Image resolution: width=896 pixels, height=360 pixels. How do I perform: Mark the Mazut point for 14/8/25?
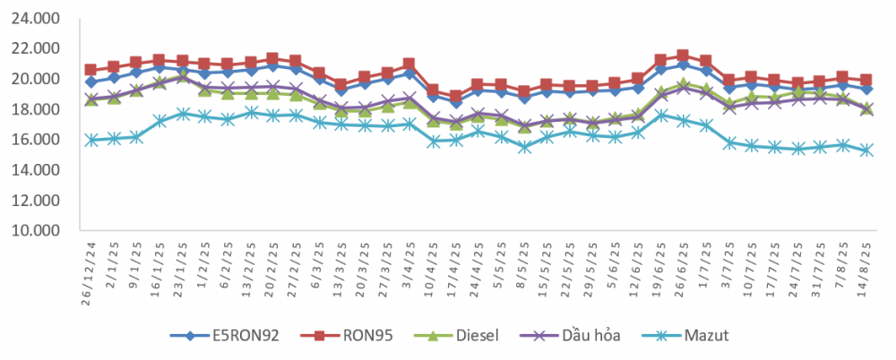point(866,150)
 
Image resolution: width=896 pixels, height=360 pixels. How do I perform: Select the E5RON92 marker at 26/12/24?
point(90,81)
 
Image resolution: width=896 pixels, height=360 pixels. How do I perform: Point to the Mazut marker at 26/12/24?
point(90,140)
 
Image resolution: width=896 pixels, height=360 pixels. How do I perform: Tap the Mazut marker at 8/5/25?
point(524,147)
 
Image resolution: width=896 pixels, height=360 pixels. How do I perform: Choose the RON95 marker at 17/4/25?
point(455,96)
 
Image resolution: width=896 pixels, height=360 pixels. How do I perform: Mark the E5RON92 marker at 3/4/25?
point(409,73)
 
